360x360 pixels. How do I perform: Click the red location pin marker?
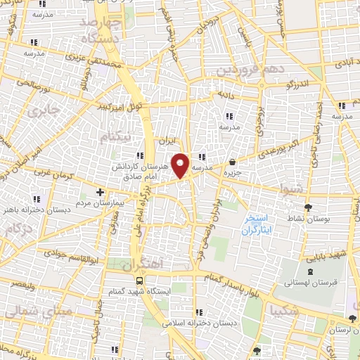coord(181,165)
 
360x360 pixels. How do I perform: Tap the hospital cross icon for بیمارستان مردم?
coord(101,191)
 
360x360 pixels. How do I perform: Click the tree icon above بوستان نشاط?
coord(308,207)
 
